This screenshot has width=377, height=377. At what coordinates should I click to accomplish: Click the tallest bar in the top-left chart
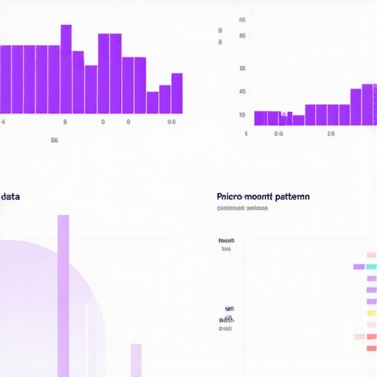[x=66, y=69]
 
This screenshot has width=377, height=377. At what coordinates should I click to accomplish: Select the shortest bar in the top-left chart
[x=152, y=102]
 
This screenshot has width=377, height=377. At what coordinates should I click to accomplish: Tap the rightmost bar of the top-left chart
[x=177, y=93]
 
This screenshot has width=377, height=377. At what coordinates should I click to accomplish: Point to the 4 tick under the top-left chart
[x=4, y=121]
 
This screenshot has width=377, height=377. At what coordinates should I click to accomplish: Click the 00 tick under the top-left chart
[x=172, y=121]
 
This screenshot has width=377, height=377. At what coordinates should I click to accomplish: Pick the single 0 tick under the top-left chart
[x=102, y=121]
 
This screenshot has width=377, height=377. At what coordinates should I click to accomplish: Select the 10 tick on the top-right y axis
[x=242, y=115]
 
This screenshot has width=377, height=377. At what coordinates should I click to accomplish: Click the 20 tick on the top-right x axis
[x=331, y=134]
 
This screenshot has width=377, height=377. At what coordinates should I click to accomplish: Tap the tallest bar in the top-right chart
[x=367, y=105]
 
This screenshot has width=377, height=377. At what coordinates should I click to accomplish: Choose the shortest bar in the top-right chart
[x=297, y=120]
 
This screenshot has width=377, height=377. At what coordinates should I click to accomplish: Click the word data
[x=10, y=197]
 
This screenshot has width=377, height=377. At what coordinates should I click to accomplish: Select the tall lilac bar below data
[x=63, y=295]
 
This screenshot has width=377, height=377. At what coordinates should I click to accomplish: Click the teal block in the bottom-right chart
[x=371, y=267]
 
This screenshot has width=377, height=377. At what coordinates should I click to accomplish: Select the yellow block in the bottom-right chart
[x=371, y=314]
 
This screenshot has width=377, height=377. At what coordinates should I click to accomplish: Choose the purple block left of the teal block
[x=359, y=267]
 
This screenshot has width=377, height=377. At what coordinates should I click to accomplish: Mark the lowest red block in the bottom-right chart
[x=371, y=348]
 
